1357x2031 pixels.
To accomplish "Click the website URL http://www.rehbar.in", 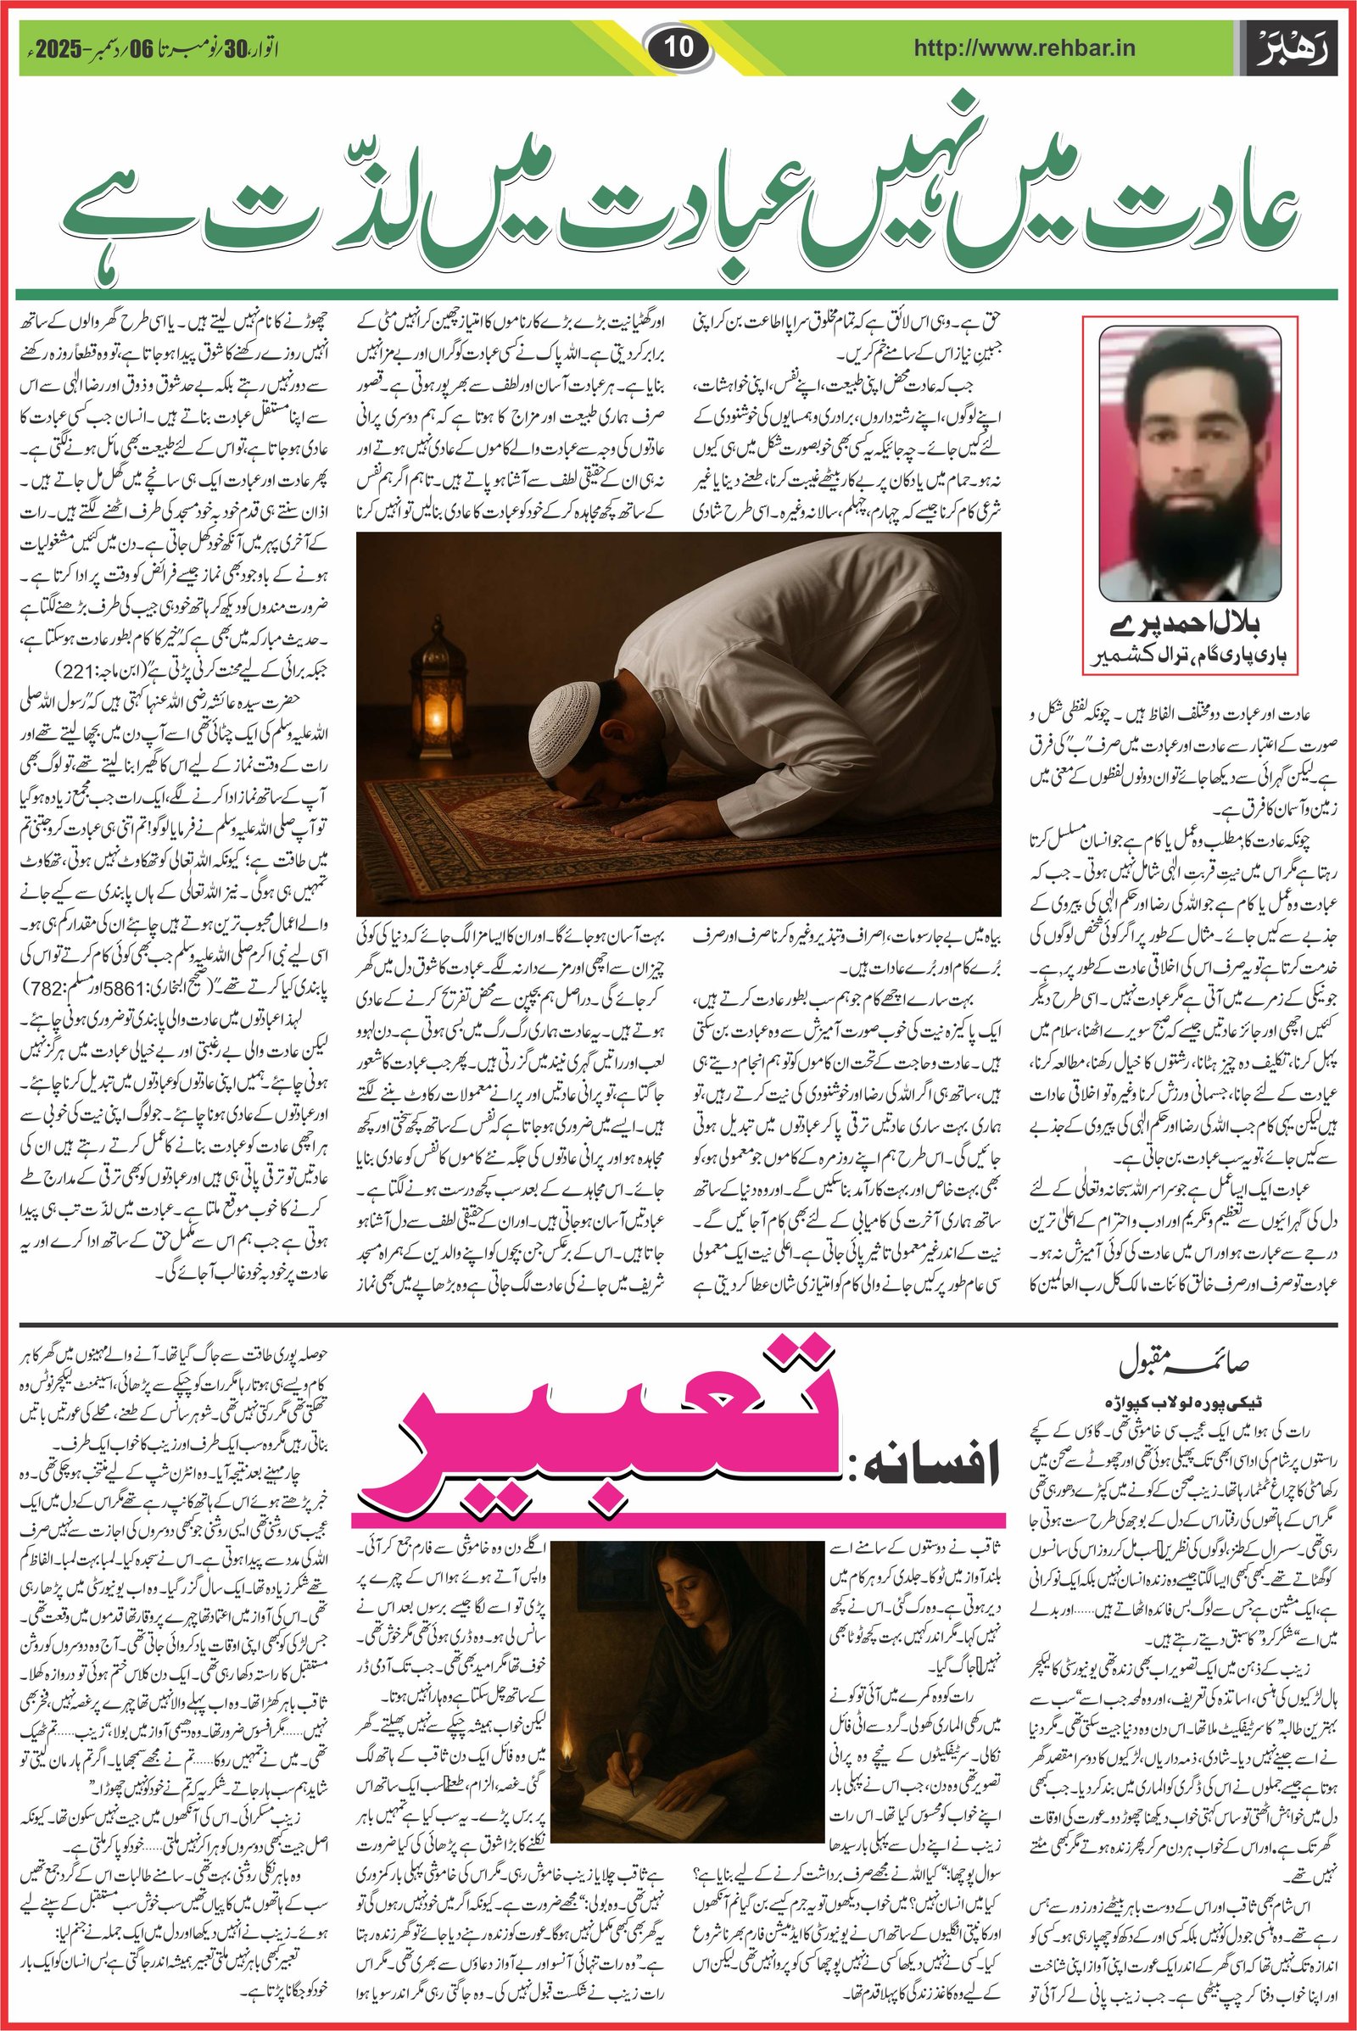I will (x=1025, y=49).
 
